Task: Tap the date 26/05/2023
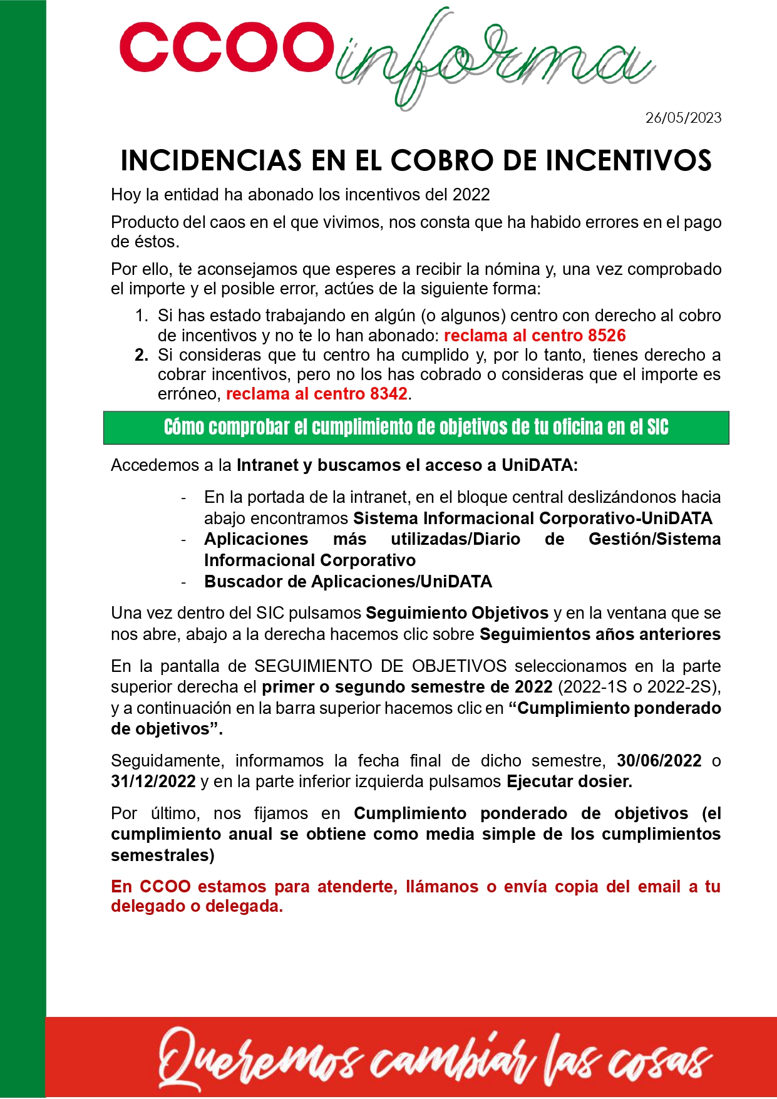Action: coord(683,118)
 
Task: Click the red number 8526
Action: coord(607,336)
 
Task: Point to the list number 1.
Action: coord(141,316)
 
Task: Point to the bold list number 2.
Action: coord(141,355)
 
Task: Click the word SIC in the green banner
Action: coord(657,428)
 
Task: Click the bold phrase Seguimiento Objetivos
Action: coord(457,613)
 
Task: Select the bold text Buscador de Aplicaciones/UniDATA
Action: coord(348,582)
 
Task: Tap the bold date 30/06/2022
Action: coord(659,761)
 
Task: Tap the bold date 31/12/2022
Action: coord(153,782)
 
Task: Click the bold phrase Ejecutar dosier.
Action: coord(569,782)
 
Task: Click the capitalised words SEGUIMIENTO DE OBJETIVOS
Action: coord(380,666)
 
